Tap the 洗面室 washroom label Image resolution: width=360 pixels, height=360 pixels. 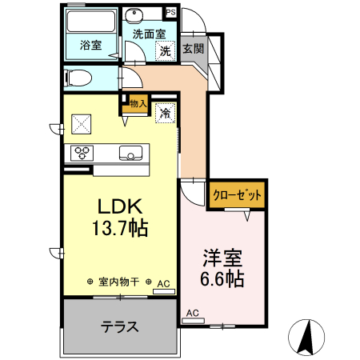[x=149, y=34]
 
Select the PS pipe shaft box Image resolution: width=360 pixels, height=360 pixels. [x=170, y=12]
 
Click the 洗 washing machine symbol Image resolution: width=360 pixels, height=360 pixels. [x=165, y=51]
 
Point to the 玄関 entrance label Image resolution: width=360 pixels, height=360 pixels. [x=193, y=49]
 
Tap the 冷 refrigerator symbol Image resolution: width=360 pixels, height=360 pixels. [x=166, y=114]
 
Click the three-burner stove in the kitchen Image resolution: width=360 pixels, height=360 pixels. [x=83, y=152]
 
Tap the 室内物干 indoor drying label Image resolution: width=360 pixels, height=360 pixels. [x=119, y=282]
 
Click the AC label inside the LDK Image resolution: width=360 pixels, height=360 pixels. [x=163, y=283]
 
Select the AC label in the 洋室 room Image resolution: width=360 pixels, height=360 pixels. [x=192, y=313]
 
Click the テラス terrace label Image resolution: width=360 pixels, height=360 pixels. [x=120, y=326]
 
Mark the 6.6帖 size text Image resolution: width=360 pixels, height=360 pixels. [x=222, y=280]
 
